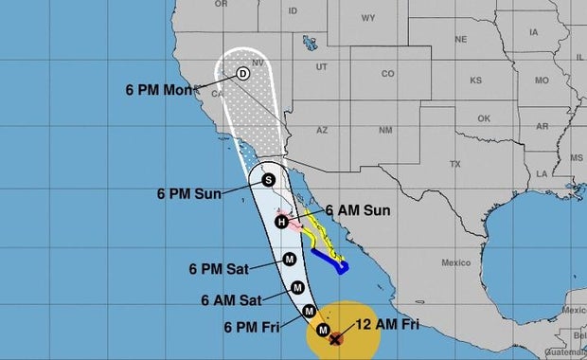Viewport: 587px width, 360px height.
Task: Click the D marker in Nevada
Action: click(x=242, y=73)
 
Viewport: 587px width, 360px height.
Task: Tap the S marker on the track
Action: click(x=268, y=179)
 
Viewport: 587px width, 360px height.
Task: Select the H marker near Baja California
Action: click(x=281, y=222)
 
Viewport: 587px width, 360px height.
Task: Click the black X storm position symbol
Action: click(x=336, y=336)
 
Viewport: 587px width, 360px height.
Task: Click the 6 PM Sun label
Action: click(x=188, y=193)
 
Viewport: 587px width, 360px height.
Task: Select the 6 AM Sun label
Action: click(x=356, y=210)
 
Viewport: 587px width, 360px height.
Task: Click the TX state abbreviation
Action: click(x=454, y=164)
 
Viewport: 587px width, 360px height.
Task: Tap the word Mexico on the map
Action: click(x=455, y=262)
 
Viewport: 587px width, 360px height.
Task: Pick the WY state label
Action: click(x=367, y=17)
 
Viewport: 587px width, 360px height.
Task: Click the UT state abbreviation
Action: click(x=321, y=66)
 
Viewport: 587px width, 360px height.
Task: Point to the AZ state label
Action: click(x=321, y=129)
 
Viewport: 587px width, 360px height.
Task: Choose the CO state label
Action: click(x=387, y=73)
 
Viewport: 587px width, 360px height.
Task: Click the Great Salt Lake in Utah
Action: click(x=308, y=45)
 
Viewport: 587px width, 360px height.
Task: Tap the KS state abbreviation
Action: click(x=475, y=80)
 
